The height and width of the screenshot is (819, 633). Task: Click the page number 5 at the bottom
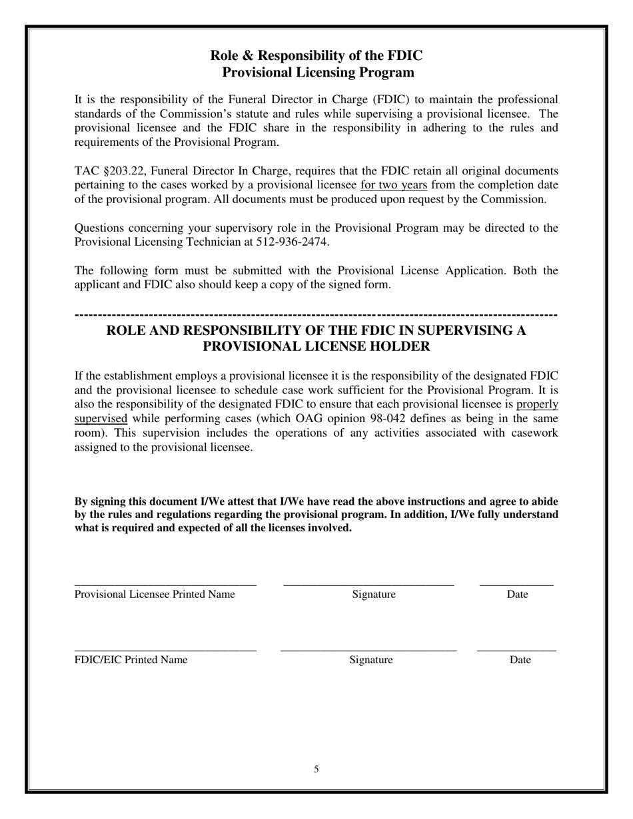(x=316, y=770)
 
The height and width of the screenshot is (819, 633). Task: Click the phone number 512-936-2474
(x=292, y=242)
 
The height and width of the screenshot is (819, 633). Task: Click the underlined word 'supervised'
(x=101, y=419)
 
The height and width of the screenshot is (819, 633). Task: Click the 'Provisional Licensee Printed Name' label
(x=155, y=594)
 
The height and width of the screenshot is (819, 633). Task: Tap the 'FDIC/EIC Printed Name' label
(x=131, y=660)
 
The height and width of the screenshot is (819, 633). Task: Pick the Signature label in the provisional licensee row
(x=374, y=594)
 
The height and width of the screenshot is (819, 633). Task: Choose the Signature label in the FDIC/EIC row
(x=371, y=660)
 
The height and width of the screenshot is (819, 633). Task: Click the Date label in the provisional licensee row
(x=517, y=594)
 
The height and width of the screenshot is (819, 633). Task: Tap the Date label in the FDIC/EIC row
(x=520, y=660)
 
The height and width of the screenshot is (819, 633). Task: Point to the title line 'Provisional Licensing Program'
(x=317, y=72)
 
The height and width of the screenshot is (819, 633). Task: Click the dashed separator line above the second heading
(x=316, y=314)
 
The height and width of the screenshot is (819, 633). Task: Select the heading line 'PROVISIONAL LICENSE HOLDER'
(x=316, y=346)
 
